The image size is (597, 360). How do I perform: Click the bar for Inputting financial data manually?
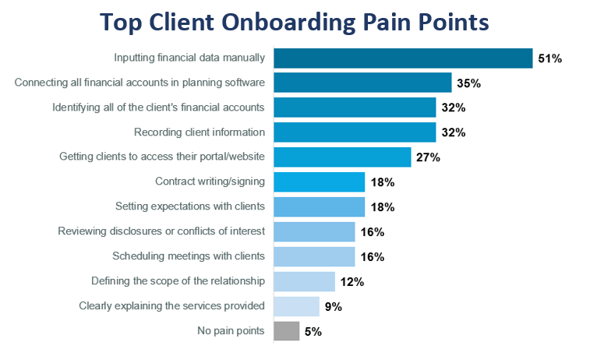pyautogui.click(x=403, y=58)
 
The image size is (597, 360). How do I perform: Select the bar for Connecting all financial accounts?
pyautogui.click(x=362, y=83)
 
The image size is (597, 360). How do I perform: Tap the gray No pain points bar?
pyautogui.click(x=286, y=331)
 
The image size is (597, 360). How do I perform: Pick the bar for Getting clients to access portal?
pyautogui.click(x=342, y=157)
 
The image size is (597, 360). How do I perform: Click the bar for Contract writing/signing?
pyautogui.click(x=319, y=182)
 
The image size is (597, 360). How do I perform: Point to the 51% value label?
pyautogui.click(x=549, y=58)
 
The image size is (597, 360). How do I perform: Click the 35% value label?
pyautogui.click(x=468, y=83)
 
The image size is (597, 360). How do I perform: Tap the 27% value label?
pyautogui.click(x=428, y=157)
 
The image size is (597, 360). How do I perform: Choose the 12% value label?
pyautogui.click(x=352, y=282)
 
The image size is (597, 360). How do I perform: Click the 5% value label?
pyautogui.click(x=313, y=332)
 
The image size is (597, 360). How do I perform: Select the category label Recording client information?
pyautogui.click(x=200, y=132)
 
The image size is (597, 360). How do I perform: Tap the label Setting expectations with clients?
pyautogui.click(x=190, y=206)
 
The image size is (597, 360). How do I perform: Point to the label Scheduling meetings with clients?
pyautogui.click(x=189, y=256)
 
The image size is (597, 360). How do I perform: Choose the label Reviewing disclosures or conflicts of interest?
pyautogui.click(x=161, y=231)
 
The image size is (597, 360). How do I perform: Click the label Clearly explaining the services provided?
pyautogui.click(x=172, y=306)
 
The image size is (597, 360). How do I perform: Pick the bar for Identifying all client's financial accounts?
pyautogui.click(x=355, y=108)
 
